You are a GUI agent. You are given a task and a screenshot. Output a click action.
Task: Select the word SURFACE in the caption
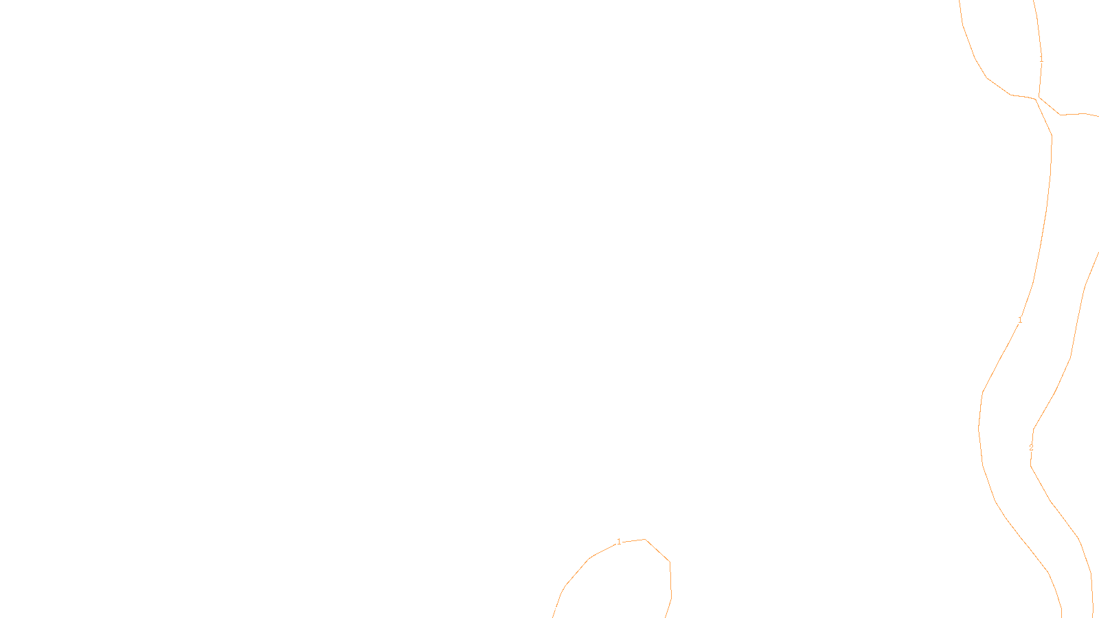549,607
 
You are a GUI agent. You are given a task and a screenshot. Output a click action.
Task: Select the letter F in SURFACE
549,607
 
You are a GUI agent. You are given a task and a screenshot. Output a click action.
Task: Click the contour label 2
1031,448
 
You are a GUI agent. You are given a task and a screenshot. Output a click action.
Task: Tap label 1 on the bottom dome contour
619,542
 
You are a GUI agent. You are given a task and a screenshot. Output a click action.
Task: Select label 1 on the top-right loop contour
1041,60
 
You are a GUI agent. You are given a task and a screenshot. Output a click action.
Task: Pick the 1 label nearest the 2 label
1020,320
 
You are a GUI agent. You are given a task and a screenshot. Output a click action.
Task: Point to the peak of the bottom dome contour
644,540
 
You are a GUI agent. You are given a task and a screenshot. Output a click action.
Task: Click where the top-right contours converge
1037,98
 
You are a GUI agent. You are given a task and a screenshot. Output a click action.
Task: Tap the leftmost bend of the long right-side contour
979,427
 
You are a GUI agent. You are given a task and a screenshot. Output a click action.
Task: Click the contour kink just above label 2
1033,428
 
